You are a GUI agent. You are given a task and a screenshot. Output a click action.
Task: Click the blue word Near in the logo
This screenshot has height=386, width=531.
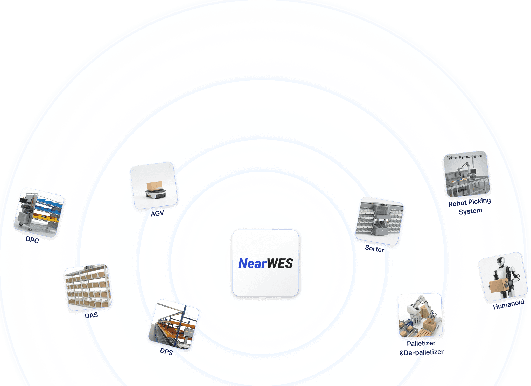[252, 264]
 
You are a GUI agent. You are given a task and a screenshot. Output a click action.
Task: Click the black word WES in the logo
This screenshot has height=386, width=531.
[280, 264]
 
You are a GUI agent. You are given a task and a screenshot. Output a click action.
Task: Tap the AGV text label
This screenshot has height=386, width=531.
[157, 214]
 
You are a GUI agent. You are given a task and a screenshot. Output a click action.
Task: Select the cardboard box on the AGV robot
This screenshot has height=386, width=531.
[154, 186]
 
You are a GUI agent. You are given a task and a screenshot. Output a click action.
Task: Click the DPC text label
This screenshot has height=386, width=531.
[32, 240]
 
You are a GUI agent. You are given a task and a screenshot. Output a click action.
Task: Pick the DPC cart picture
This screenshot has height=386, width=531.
[39, 212]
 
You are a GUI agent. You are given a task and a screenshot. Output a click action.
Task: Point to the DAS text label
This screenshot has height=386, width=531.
[91, 315]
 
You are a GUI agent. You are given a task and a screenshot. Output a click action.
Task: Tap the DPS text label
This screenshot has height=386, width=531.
[166, 351]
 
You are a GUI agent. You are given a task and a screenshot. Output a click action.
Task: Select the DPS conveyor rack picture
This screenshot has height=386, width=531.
[174, 325]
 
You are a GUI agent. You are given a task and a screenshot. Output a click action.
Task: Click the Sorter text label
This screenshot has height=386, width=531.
[374, 249]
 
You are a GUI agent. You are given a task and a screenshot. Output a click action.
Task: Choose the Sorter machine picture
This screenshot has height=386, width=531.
[379, 221]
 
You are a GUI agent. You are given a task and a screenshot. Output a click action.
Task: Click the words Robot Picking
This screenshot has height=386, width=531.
[470, 202]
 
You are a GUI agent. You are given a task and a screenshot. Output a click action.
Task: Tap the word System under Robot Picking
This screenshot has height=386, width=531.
[470, 211]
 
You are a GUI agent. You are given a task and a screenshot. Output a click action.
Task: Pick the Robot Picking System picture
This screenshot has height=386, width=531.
[467, 174]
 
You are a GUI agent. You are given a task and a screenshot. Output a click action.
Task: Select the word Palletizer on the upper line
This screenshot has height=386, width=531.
[421, 343]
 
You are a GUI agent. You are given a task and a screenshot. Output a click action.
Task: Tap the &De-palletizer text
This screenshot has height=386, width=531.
[422, 352]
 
